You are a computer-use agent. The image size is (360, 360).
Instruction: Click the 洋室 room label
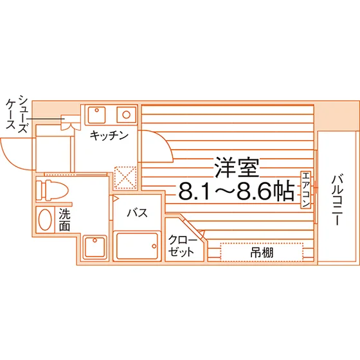point(237,167)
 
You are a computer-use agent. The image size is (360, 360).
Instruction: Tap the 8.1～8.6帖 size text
point(237,190)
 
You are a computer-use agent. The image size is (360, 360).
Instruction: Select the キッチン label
point(109,135)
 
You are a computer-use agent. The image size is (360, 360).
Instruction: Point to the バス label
point(138,213)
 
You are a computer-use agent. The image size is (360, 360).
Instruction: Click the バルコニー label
point(337,200)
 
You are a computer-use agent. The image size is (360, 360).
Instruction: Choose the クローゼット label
point(183,246)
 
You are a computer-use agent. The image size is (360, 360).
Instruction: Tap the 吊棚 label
point(262,253)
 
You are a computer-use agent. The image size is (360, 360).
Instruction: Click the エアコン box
point(306,190)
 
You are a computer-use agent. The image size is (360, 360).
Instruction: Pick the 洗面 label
point(64,220)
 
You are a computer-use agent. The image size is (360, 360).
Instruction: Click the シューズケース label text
point(17,113)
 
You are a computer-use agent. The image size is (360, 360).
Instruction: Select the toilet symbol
point(52,190)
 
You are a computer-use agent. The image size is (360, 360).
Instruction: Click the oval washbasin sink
point(45,219)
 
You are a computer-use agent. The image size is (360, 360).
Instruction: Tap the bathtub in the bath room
point(137,246)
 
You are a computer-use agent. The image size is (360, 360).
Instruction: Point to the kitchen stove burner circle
point(126,114)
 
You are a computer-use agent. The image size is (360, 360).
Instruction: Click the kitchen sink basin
point(96,115)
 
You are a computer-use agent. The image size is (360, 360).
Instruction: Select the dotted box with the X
point(125,177)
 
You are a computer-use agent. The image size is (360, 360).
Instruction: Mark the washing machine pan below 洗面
point(95,247)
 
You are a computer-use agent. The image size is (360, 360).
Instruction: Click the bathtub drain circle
point(154,246)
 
